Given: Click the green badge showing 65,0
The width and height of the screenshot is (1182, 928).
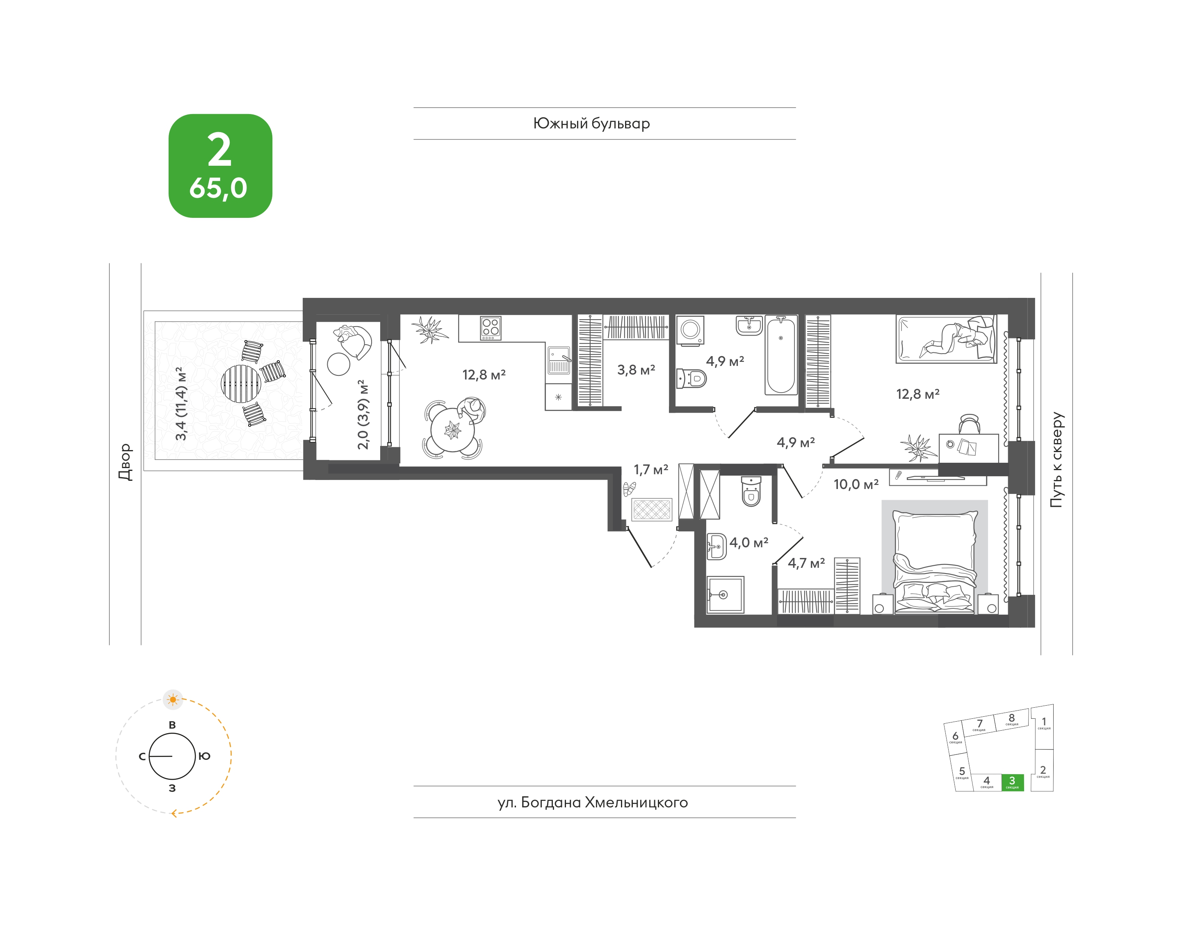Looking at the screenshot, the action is click(220, 166).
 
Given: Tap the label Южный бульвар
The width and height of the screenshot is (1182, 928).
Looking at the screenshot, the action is click(591, 124).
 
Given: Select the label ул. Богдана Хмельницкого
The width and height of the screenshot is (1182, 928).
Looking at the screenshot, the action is click(593, 802).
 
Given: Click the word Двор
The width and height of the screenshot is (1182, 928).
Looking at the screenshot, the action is click(126, 462).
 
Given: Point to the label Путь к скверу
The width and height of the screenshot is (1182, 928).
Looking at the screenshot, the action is click(1056, 459).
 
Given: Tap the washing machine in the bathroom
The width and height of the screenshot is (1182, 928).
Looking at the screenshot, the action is click(690, 330).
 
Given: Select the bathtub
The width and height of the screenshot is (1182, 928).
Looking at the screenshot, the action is click(781, 355).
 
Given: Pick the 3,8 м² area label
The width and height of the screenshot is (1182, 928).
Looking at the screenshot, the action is click(636, 370).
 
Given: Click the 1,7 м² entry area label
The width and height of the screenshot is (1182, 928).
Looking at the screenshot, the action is click(651, 469).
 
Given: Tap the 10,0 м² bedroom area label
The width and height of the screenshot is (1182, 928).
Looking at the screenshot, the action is click(856, 484).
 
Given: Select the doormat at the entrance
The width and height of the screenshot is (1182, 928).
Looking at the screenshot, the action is click(652, 510).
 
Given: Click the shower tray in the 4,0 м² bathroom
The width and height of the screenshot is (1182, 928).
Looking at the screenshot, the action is click(725, 595).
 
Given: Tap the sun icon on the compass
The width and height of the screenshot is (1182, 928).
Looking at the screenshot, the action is click(173, 699).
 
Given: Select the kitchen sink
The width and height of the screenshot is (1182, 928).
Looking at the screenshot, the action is click(559, 360).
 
